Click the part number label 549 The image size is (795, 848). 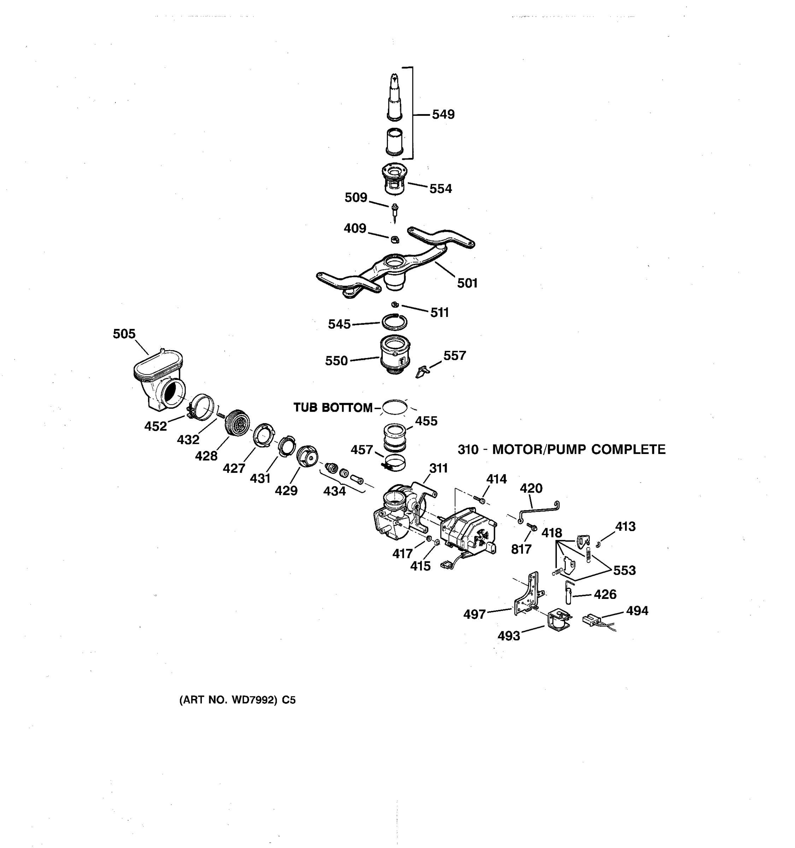[443, 114]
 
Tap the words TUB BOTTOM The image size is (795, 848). [333, 408]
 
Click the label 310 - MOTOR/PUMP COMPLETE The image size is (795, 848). [561, 449]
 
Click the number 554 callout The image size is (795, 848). [440, 189]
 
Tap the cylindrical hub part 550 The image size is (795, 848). [395, 354]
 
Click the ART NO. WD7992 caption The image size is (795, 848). [237, 700]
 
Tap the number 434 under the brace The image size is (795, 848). [334, 491]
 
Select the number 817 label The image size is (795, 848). [521, 549]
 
